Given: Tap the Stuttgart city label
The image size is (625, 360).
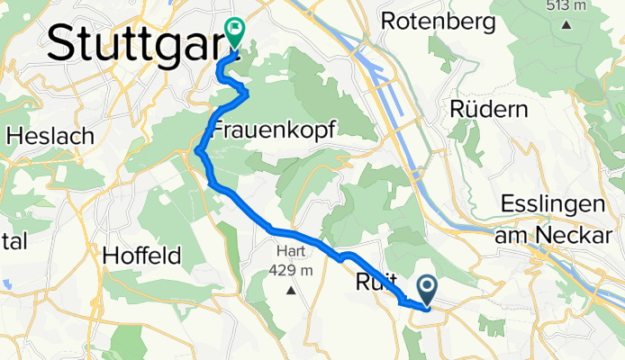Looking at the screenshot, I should (x=131, y=42).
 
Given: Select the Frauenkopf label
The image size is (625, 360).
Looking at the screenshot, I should (x=273, y=130).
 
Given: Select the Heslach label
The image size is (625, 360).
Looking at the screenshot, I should (x=50, y=137).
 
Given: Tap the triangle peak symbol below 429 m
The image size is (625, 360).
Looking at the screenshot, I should (x=291, y=291).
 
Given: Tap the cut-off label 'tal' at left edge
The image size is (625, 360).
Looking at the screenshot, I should (x=15, y=241).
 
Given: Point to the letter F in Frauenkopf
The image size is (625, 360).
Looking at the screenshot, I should (x=219, y=130).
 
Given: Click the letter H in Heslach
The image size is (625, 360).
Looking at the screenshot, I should (x=14, y=137).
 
